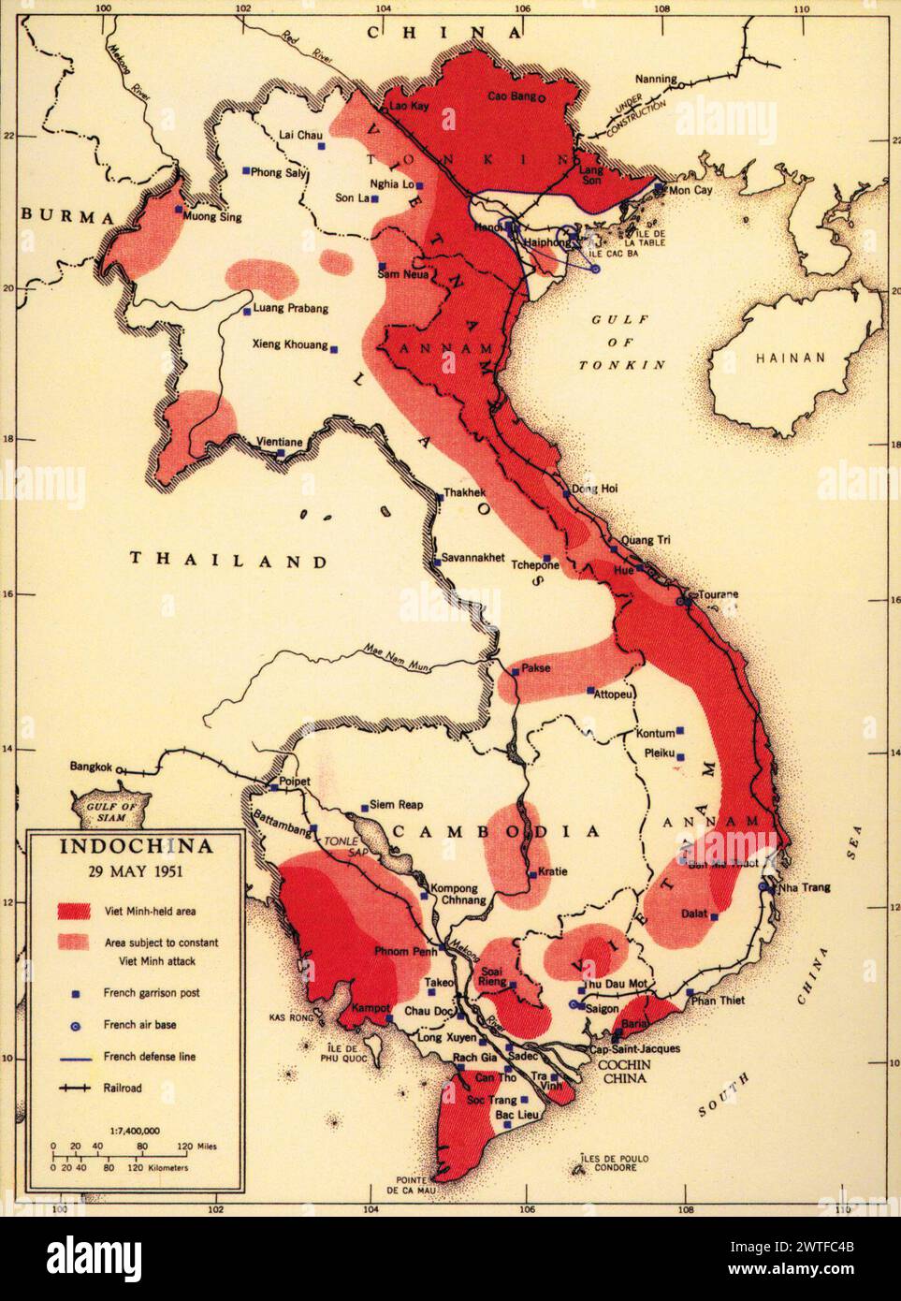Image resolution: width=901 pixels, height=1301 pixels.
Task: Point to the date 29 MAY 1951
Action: point(136,870)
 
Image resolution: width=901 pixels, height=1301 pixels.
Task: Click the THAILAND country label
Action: point(228,561)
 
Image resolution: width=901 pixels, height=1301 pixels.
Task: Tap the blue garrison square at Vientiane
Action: point(281,453)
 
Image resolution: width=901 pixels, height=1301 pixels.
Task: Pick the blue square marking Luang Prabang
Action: point(247,312)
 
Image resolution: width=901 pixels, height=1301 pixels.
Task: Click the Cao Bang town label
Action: point(514,96)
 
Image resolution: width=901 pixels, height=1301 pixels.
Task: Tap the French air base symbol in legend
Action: point(77,1026)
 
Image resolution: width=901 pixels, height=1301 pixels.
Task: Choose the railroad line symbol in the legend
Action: point(76,1089)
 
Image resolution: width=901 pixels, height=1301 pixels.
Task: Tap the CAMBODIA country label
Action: point(494,831)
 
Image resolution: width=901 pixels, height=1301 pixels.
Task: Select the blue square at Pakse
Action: point(515,671)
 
